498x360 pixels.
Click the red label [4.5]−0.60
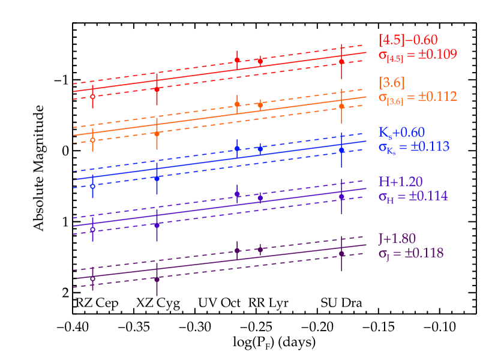coord(408,41)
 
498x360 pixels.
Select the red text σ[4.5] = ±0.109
coord(418,55)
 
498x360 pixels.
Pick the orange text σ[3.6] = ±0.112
coord(418,97)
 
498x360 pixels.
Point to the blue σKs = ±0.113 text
coord(414,146)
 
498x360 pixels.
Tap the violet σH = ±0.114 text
coord(413,196)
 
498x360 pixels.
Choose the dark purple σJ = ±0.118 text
coord(411,253)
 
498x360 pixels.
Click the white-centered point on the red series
coord(92,97)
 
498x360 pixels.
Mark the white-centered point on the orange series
coord(92,140)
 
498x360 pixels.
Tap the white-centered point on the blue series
coord(92,186)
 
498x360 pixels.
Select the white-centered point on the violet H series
coord(92,229)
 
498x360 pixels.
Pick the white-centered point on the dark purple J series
coord(92,278)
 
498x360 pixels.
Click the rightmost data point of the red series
coord(341,62)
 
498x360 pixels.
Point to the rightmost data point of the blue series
coord(341,149)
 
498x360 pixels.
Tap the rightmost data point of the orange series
coord(341,106)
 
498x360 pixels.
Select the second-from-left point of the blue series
coord(157,178)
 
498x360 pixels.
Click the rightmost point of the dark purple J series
coord(341,254)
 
